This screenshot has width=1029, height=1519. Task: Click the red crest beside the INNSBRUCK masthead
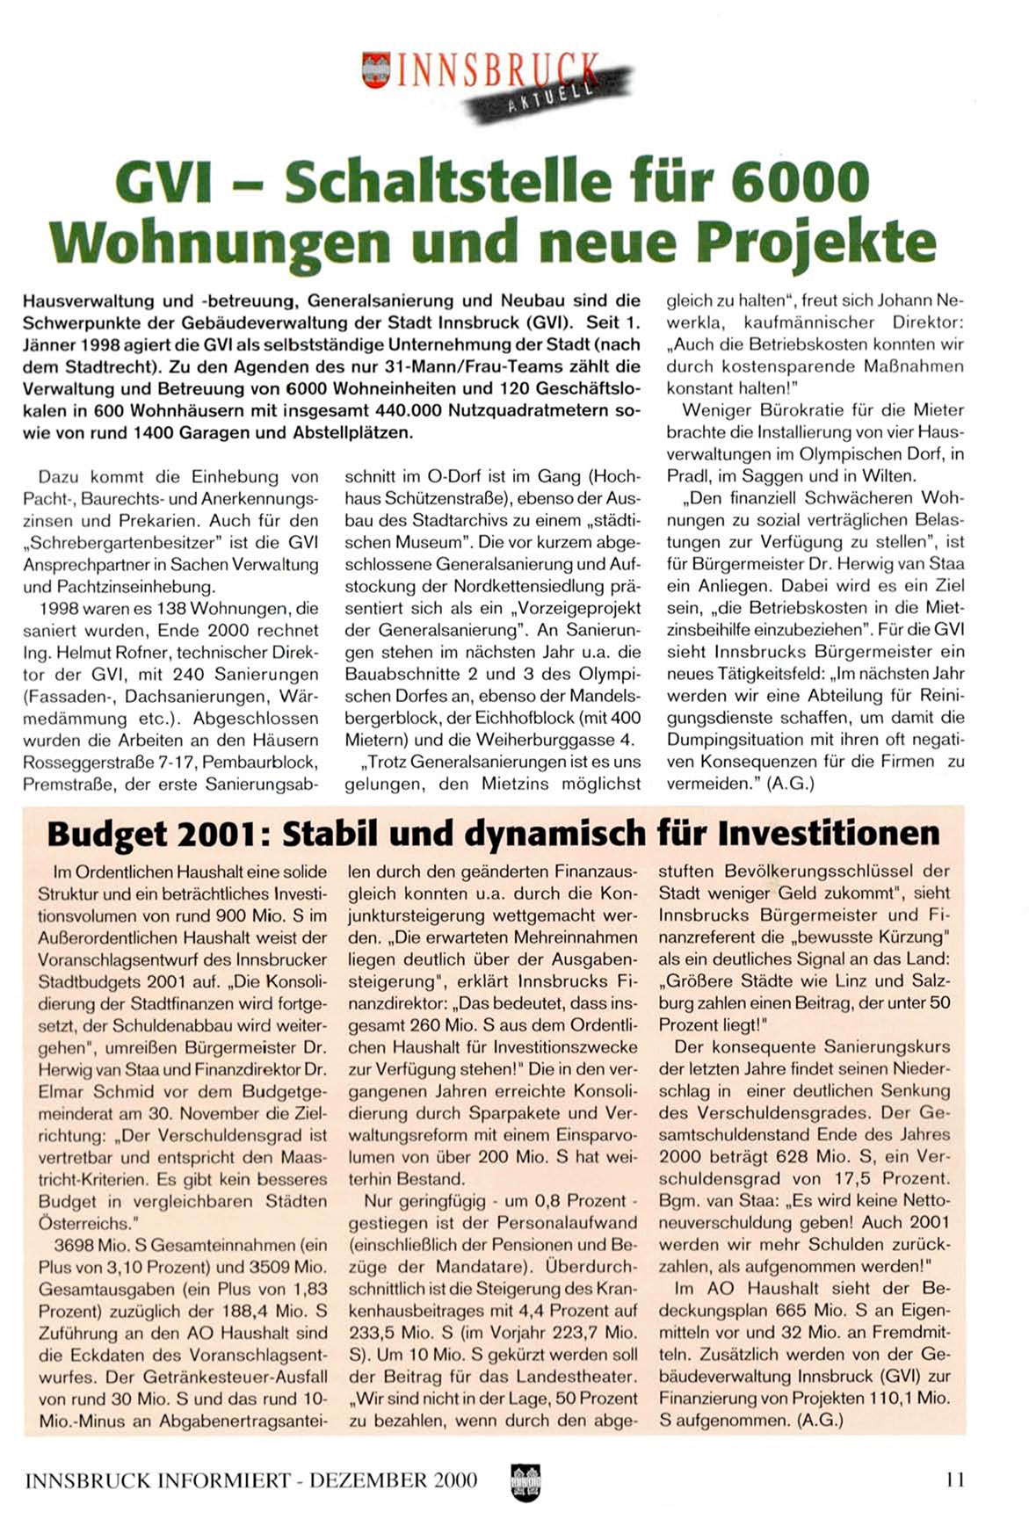click(376, 69)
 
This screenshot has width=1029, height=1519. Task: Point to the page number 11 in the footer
click(955, 1480)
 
